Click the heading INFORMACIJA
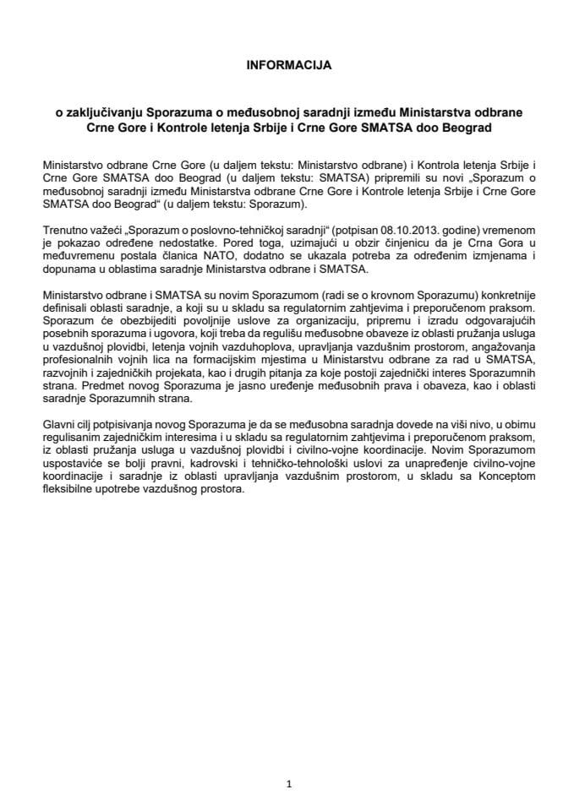(x=287, y=63)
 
